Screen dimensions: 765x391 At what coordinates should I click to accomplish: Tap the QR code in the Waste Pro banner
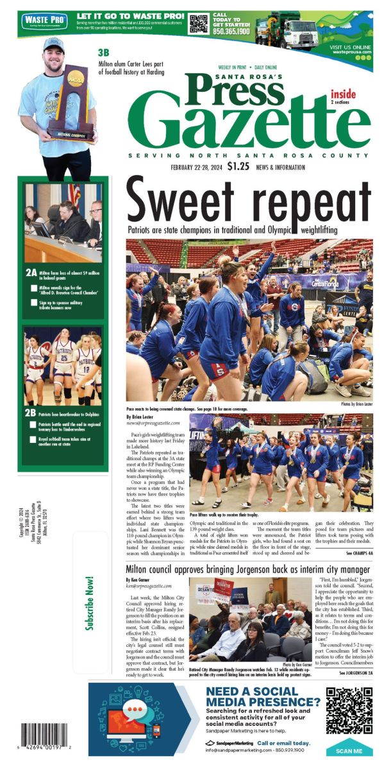coord(199,23)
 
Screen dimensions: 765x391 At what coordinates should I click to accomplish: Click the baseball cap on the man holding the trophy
coord(54,44)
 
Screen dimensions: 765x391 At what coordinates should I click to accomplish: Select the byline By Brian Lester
coord(142,417)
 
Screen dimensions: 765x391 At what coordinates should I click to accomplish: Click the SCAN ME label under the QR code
coord(349,750)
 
